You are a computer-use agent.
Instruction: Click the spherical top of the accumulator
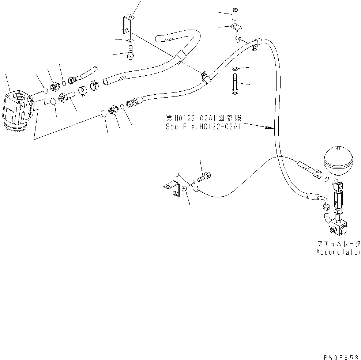338,160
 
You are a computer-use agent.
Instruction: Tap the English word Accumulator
338,252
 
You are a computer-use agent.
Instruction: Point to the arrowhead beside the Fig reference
270,128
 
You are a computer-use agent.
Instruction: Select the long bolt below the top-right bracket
234,84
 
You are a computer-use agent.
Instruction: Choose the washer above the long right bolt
235,68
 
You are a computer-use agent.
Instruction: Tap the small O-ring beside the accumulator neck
327,179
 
